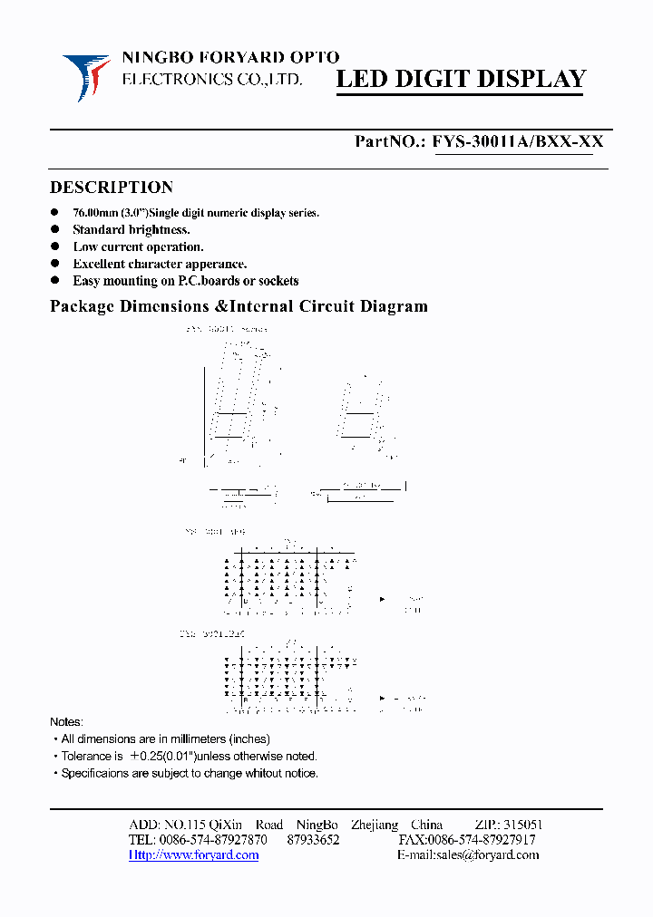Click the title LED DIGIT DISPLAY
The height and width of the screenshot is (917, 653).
pos(462,80)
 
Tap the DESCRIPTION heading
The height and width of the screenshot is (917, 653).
pos(111,188)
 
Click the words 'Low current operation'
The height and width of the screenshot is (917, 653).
pos(138,247)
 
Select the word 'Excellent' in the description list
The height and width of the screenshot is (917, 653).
pos(99,265)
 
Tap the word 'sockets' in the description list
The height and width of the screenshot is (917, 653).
pos(277,282)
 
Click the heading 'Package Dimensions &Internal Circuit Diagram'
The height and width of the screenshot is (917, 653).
pos(239,306)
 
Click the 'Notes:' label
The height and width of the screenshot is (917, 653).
pos(66,722)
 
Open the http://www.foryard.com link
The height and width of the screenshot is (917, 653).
pos(194,855)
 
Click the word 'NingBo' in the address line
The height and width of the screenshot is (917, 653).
pos(317,825)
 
